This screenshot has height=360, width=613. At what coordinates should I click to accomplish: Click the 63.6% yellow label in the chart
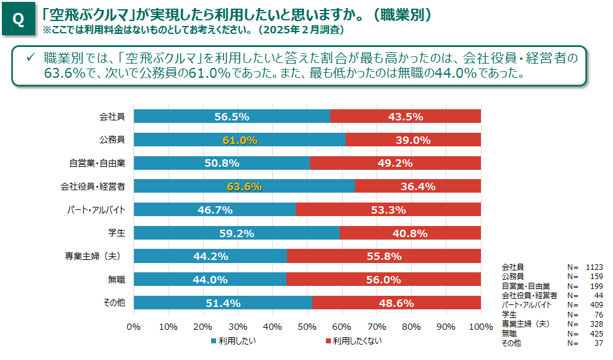244,186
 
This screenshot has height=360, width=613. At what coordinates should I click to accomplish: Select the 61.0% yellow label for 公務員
240,140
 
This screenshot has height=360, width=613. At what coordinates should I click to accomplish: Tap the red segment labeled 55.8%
384,256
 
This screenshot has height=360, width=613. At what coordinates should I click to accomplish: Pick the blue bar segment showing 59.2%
236,233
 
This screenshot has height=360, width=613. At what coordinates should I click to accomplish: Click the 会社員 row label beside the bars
112,117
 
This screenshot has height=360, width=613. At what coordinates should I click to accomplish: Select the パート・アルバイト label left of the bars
96,210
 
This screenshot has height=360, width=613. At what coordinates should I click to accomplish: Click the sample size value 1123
594,267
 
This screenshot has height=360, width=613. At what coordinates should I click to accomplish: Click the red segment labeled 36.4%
418,186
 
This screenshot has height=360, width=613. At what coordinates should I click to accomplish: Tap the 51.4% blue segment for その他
222,303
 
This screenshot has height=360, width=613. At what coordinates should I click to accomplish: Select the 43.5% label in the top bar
406,117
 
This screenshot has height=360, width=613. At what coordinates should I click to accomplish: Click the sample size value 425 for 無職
596,333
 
